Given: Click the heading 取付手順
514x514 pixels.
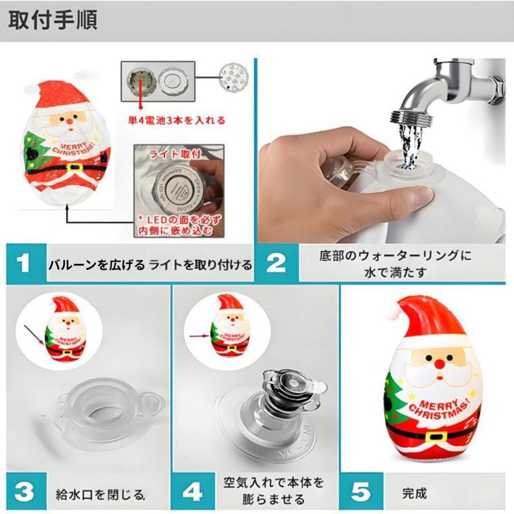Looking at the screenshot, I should (x=53, y=19).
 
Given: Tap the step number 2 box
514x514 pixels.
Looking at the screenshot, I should (x=276, y=263).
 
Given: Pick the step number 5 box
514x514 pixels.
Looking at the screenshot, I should (x=359, y=492).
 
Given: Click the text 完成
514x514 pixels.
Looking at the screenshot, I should (x=413, y=492).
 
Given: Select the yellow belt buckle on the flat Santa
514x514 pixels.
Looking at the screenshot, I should (x=74, y=168).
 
